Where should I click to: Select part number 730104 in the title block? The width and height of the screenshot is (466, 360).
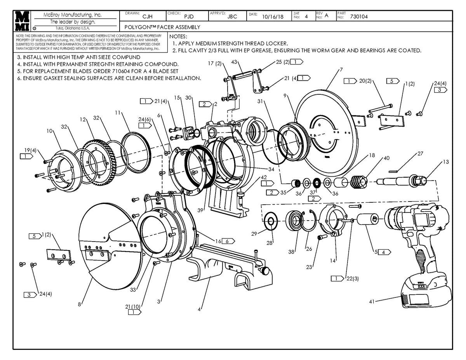tap(359, 17)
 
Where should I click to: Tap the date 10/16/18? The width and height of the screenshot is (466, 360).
tap(273, 17)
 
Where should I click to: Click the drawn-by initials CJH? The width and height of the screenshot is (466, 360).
tap(148, 17)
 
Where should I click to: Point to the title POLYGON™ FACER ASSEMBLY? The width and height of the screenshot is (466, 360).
tap(162, 27)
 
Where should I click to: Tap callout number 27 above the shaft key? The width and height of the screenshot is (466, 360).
tap(420, 153)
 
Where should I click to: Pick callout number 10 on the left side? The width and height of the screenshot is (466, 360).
tap(49, 131)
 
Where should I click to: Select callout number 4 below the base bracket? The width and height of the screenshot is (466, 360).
tap(199, 310)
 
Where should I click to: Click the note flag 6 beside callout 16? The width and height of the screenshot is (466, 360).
tap(228, 241)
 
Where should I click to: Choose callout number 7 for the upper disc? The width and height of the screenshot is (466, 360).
tap(341, 70)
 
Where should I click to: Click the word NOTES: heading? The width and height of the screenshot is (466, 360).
tap(178, 36)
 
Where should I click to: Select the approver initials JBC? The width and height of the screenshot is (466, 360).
tap(232, 17)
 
